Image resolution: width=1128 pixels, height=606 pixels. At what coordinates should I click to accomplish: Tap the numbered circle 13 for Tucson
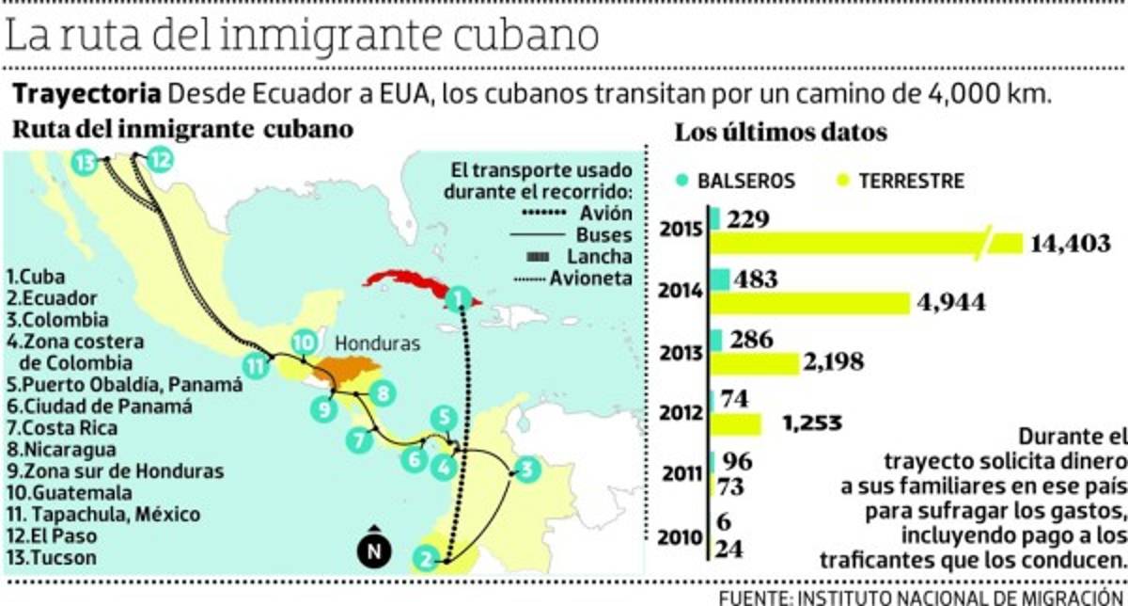click(86, 162)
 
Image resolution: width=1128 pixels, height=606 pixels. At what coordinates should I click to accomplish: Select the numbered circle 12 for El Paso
click(161, 160)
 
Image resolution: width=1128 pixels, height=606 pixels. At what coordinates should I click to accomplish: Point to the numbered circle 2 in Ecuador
click(426, 560)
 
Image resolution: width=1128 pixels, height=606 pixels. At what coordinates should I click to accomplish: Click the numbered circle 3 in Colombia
click(526, 469)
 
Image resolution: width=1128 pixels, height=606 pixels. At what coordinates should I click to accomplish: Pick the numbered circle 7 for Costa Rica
click(357, 438)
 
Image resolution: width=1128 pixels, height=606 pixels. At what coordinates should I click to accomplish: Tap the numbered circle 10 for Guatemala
click(303, 343)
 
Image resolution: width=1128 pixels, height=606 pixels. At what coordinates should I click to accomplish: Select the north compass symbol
click(373, 549)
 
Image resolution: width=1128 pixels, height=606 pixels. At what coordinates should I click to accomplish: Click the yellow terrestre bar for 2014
click(809, 302)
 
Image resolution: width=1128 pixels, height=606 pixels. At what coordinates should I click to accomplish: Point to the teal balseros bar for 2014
click(720, 279)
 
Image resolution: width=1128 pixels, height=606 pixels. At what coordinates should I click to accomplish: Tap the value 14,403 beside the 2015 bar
click(1071, 243)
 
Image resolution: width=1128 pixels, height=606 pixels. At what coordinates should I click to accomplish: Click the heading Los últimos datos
click(780, 133)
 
